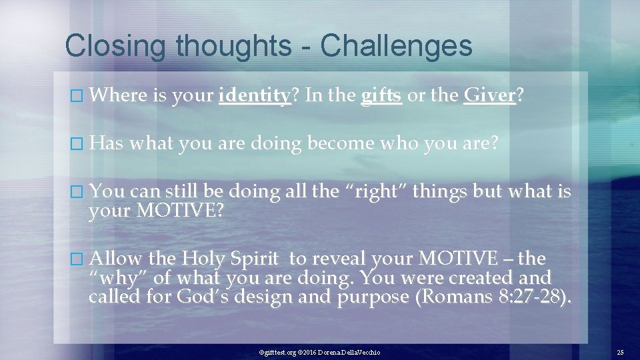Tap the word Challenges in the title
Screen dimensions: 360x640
tap(396, 47)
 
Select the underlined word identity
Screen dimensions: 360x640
tap(254, 96)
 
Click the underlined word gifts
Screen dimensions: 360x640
tap(381, 96)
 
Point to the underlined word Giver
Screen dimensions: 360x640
tap(489, 96)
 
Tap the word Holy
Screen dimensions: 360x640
tap(205, 259)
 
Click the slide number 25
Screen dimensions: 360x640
tap(620, 351)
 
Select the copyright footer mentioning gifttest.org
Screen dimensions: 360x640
tap(319, 351)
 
